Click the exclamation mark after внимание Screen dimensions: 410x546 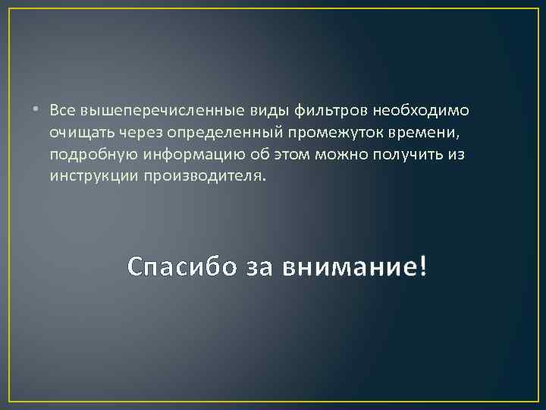click(422, 265)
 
